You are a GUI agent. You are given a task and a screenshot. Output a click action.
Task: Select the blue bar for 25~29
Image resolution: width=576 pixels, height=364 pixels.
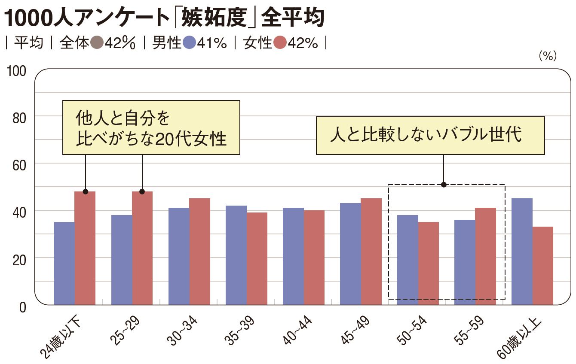click(x=122, y=260)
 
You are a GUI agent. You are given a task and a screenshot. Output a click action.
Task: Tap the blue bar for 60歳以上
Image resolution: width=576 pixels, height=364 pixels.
click(x=522, y=252)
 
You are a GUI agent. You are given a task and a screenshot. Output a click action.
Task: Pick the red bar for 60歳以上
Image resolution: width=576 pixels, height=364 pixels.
click(x=542, y=266)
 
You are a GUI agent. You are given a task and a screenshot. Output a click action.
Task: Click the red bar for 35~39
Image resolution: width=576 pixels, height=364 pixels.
click(x=257, y=258)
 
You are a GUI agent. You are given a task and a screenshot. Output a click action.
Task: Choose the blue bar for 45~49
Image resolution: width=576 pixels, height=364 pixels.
click(x=350, y=254)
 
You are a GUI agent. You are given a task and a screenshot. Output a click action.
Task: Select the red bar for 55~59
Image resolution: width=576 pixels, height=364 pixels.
click(x=486, y=256)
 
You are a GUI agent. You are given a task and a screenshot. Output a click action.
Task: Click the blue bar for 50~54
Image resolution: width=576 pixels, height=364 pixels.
click(x=407, y=260)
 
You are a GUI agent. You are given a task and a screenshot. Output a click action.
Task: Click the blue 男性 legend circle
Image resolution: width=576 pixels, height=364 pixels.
click(x=189, y=43)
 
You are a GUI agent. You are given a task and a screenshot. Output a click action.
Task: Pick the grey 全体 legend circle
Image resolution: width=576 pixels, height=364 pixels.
click(x=97, y=43)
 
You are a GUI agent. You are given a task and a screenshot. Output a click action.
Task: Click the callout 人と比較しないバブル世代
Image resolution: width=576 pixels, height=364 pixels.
click(x=430, y=135)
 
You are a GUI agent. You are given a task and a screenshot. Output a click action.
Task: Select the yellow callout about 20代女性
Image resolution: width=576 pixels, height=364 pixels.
click(x=151, y=127)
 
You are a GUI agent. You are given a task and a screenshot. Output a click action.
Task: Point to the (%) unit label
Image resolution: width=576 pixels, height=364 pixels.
click(x=547, y=56)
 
